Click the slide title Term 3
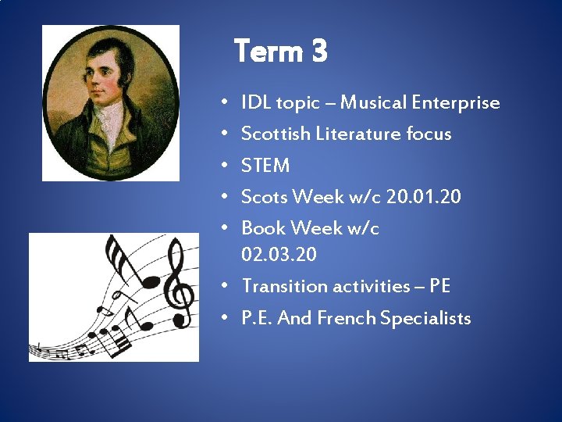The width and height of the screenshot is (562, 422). point(280,52)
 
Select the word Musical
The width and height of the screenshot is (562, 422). point(374,102)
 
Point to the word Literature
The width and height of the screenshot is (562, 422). point(359,134)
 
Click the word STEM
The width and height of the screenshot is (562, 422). point(265,166)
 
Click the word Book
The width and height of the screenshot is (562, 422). point(263,228)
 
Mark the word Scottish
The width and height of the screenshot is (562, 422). point(276,134)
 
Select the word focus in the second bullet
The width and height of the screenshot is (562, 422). point(429,134)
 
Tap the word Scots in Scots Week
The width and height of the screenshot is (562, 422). point(263,197)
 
